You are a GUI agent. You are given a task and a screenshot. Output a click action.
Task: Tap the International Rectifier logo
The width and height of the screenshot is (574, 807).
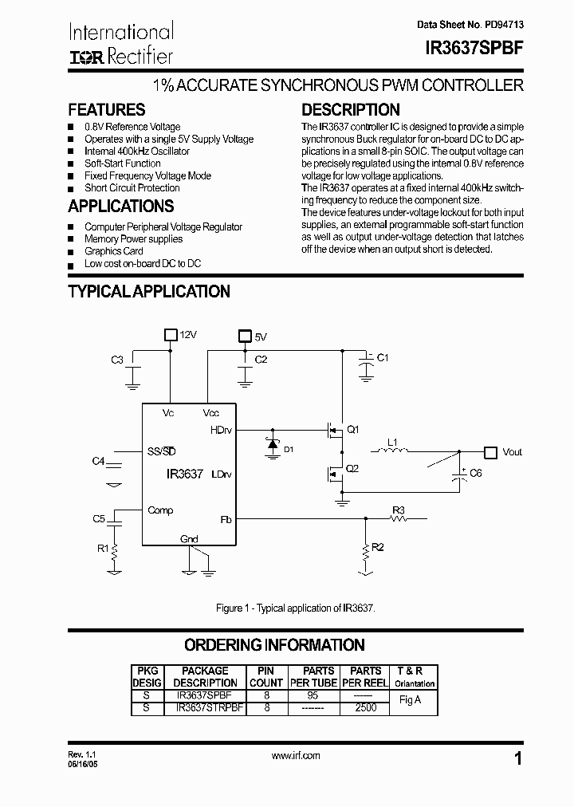tap(121, 44)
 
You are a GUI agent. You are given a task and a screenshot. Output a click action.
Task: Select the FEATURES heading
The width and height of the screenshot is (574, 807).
tap(107, 110)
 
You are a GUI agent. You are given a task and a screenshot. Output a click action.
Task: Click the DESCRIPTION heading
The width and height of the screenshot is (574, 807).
tap(350, 110)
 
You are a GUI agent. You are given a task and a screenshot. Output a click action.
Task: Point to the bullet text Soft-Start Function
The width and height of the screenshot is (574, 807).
tap(123, 163)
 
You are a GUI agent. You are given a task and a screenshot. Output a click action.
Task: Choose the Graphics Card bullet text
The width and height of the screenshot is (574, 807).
tap(114, 251)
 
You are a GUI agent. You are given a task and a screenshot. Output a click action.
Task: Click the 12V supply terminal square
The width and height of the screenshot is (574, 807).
tap(170, 335)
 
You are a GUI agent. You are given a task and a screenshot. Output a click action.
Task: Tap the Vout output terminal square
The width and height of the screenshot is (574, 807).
tap(491, 451)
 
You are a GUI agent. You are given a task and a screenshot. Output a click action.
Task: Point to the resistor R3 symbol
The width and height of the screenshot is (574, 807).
tap(399, 519)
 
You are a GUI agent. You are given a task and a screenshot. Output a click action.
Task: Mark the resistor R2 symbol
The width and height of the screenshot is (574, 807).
tap(365, 549)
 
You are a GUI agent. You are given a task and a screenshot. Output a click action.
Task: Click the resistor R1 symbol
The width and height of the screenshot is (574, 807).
tap(115, 549)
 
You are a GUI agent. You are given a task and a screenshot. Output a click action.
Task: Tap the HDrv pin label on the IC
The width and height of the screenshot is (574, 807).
tap(221, 429)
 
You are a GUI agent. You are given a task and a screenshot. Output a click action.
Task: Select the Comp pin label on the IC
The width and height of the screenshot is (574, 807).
tap(160, 510)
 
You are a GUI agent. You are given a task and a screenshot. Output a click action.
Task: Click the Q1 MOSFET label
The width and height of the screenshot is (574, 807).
tap(352, 429)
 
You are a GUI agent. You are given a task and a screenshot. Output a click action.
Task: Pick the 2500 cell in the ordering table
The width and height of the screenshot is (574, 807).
tap(366, 707)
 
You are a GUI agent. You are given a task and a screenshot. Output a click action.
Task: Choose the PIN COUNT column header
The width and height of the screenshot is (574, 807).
tap(266, 677)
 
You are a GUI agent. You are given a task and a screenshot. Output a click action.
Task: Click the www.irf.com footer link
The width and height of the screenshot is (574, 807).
tap(296, 756)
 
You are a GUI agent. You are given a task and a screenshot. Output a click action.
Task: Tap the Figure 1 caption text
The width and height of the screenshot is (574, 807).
tap(295, 608)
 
